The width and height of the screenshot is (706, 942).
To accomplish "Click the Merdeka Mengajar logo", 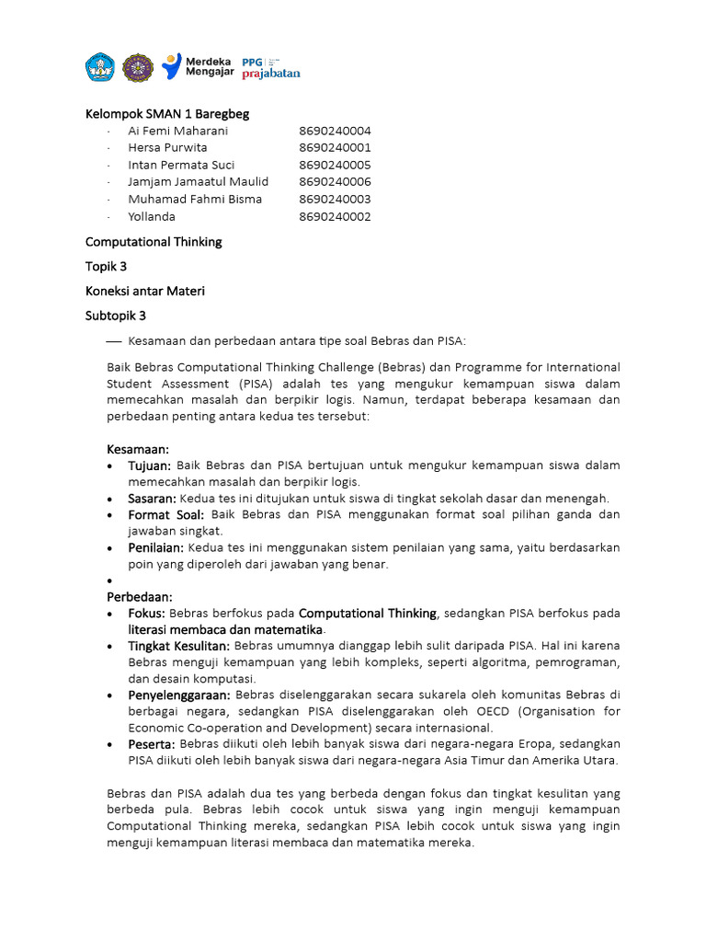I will pyautogui.click(x=196, y=66).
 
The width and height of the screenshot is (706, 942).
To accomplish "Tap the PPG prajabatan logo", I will pyautogui.click(x=270, y=66).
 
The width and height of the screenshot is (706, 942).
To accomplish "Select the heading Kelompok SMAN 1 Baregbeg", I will pyautogui.click(x=167, y=114).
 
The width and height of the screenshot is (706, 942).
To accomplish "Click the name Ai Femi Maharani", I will pyautogui.click(x=177, y=131).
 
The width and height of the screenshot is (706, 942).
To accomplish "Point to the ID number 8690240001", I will pyautogui.click(x=335, y=147).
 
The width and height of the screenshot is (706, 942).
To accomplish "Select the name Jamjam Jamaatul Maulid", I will pyautogui.click(x=198, y=182).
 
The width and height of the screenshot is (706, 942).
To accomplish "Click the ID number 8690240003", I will pyautogui.click(x=335, y=199).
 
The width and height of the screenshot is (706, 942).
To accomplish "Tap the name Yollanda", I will pyautogui.click(x=152, y=216).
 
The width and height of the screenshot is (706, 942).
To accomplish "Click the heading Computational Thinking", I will pyautogui.click(x=154, y=242).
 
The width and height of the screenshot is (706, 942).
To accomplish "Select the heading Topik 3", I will pyautogui.click(x=106, y=267).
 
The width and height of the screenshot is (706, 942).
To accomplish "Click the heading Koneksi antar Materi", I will pyautogui.click(x=145, y=291).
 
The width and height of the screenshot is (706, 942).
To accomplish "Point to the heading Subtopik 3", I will pyautogui.click(x=116, y=316).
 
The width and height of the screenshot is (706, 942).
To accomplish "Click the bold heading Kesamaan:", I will pyautogui.click(x=139, y=448).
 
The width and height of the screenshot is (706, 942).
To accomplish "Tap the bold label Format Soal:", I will pyautogui.click(x=166, y=514).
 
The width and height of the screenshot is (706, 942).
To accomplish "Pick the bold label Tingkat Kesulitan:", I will pyautogui.click(x=178, y=647).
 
